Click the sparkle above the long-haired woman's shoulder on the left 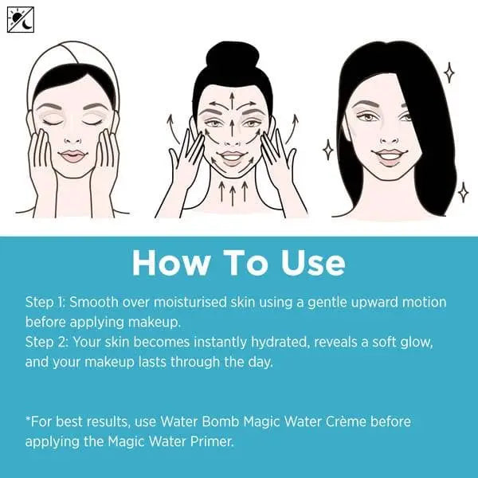(327, 148)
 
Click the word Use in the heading (311, 263)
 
